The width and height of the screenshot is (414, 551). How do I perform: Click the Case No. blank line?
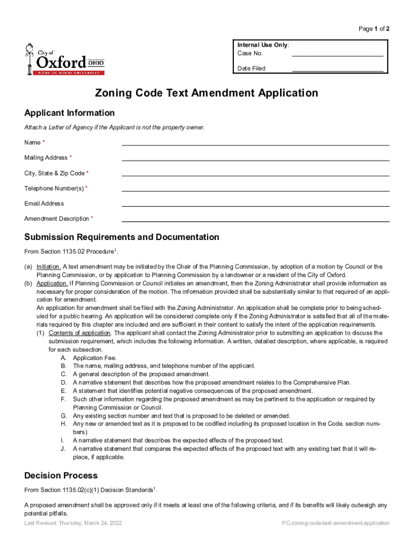point(337,55)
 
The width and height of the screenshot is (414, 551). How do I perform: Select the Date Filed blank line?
point(337,70)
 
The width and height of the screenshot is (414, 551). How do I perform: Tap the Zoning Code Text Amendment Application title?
point(206,93)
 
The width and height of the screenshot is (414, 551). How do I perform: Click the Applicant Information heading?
point(69,113)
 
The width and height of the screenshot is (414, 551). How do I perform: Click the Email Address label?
point(44,203)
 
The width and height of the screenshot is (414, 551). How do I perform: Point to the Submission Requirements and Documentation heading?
point(122,237)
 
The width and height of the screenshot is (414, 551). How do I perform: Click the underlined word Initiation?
point(48,267)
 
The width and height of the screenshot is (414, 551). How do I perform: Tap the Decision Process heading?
point(61,476)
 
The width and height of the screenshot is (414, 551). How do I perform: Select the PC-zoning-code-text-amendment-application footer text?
point(336,523)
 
